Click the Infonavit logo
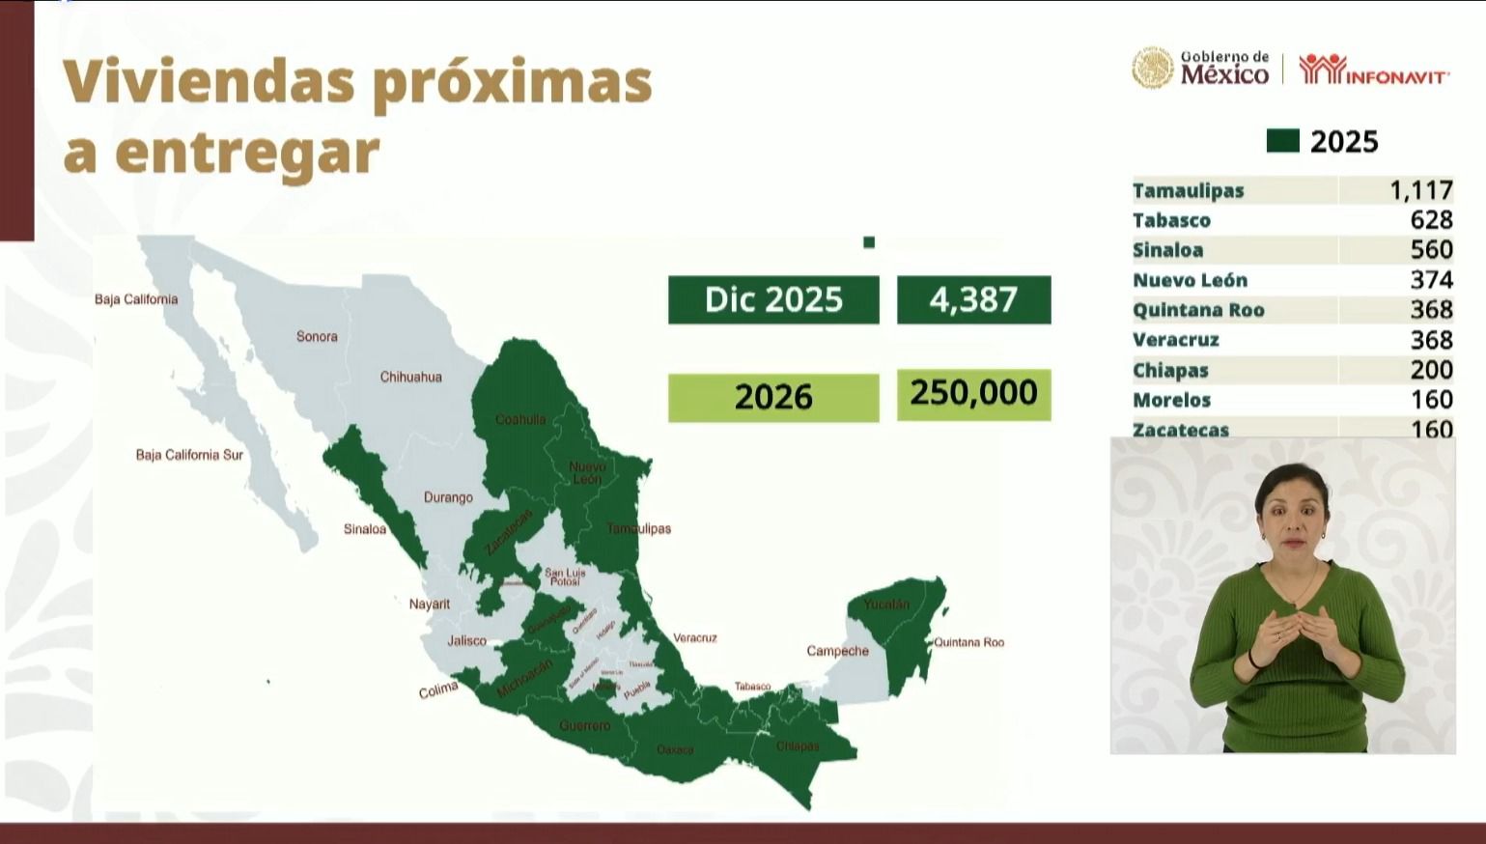tap(1372, 70)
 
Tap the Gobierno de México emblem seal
tap(1152, 69)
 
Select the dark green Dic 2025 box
tap(773, 299)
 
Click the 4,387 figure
tap(973, 299)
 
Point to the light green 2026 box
tap(773, 397)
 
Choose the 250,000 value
tap(973, 394)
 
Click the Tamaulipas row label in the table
tap(1188, 190)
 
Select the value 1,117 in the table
tap(1421, 190)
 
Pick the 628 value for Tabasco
tap(1432, 220)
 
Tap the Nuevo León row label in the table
tap(1190, 280)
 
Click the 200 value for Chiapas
tap(1432, 370)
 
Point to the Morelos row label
tap(1171, 400)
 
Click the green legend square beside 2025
tap(1282, 142)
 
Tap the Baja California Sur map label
tap(189, 455)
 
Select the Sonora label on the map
tap(317, 337)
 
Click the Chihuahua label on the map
tap(410, 377)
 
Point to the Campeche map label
tap(837, 651)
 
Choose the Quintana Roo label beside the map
tap(968, 642)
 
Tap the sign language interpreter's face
tap(1290, 506)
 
